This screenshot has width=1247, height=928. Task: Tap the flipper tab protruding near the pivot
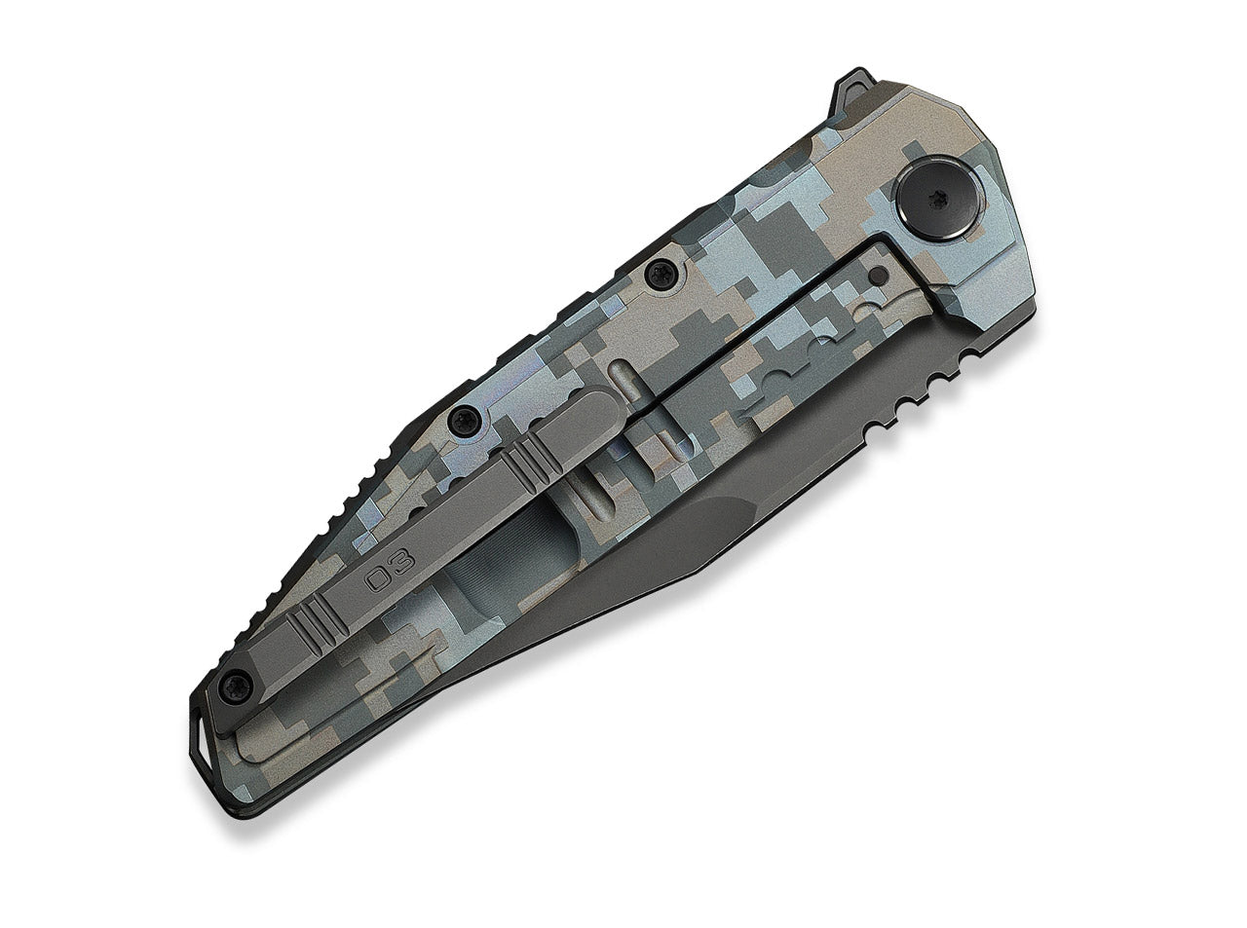coord(855,89)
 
